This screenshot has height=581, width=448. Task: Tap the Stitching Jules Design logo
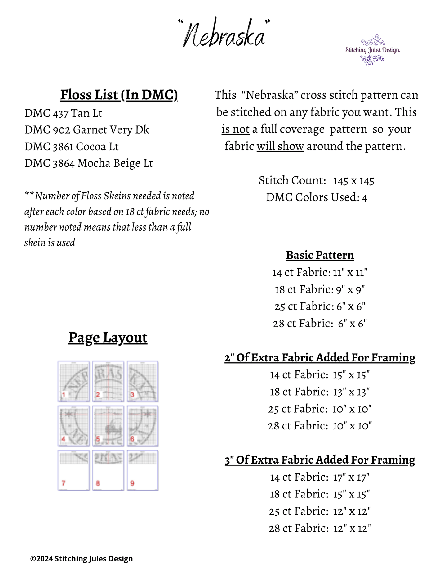point(372,50)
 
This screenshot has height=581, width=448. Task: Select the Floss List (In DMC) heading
point(119,95)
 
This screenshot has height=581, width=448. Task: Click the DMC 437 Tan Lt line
point(63,113)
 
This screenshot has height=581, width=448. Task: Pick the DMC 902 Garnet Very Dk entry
point(87,130)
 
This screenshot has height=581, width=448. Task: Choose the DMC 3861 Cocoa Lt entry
point(72,147)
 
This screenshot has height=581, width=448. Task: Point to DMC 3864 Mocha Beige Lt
point(89,163)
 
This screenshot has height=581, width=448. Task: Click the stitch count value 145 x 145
point(354,181)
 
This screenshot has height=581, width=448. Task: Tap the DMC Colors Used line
point(317,197)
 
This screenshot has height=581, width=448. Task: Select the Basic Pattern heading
point(320,255)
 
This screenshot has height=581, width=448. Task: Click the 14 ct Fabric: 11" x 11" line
point(320,273)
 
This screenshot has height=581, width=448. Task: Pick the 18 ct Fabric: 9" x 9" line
point(320,290)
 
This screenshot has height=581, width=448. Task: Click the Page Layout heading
point(108,338)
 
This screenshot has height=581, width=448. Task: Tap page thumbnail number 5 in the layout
point(108,426)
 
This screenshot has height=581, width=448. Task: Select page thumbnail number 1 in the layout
point(73,381)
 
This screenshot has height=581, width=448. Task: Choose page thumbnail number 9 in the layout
point(143,470)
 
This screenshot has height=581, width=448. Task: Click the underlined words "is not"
point(235,129)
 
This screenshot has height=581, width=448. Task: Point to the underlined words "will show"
point(280,146)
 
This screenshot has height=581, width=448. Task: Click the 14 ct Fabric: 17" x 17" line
point(320,477)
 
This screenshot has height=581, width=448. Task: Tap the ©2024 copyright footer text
point(82,559)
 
